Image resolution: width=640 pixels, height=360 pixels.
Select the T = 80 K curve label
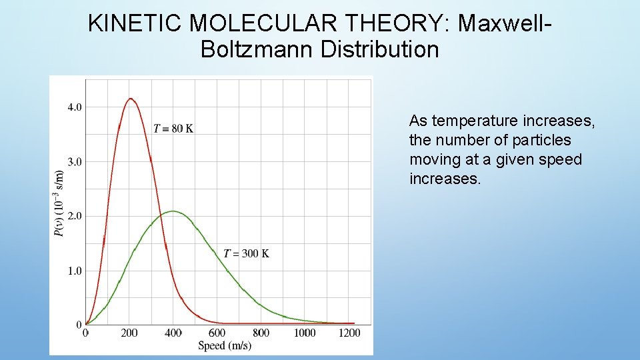[x=173, y=129]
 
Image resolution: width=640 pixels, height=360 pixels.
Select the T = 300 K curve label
[x=246, y=253]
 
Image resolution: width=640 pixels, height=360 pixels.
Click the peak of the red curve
[x=131, y=99]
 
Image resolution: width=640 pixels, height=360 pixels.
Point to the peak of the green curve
[x=173, y=211]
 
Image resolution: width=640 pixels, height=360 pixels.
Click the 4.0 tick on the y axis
[x=74, y=107]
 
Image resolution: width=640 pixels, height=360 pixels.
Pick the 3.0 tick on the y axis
[x=74, y=161]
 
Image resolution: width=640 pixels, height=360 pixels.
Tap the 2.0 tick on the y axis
[x=74, y=216]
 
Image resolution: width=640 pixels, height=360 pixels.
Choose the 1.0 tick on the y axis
[x=74, y=271]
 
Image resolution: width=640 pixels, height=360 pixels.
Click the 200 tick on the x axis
[x=129, y=333]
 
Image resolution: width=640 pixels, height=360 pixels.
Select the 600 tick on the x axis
[x=217, y=333]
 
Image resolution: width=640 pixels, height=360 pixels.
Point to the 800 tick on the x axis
[x=261, y=333]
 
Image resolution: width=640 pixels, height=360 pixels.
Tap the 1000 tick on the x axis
[x=305, y=333]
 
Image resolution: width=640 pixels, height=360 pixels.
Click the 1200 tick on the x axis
[x=349, y=333]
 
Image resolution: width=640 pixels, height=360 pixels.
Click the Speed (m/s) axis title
[x=225, y=345]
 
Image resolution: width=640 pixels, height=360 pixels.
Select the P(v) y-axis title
[x=59, y=203]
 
